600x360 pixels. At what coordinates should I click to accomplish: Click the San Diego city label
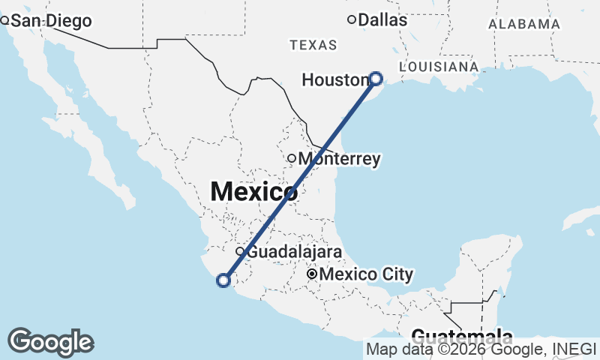point(50,21)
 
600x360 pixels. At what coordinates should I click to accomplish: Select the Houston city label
point(334,79)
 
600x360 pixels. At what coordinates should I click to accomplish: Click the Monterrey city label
point(339,159)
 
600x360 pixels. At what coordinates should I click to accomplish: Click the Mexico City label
point(366,275)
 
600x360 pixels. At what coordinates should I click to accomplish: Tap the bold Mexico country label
point(253,191)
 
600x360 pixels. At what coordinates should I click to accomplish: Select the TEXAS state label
point(313,46)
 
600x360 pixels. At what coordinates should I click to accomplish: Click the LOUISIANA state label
point(439,67)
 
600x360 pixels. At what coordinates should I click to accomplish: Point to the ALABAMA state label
point(524,24)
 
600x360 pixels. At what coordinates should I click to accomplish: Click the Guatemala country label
point(462,337)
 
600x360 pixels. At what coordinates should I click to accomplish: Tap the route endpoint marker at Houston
point(376,78)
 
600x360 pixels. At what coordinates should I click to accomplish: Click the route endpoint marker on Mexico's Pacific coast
point(222,280)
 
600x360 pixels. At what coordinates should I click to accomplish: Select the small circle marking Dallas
point(351,19)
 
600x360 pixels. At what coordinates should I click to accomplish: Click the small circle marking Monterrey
point(292,158)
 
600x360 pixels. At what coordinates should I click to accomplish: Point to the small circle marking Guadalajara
point(240,251)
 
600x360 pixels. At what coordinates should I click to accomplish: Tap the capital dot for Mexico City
point(311,275)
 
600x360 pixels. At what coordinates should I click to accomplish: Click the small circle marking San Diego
point(4,20)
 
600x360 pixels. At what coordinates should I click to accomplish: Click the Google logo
point(51,342)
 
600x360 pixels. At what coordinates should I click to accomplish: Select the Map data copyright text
point(481,349)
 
